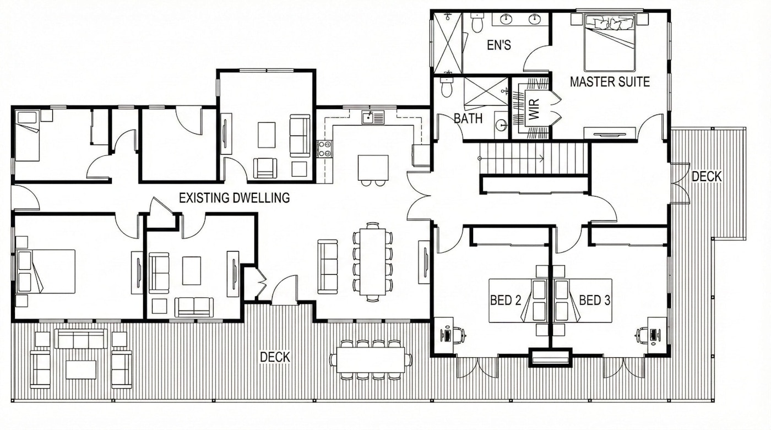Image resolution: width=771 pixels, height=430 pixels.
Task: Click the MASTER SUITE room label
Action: pyautogui.click(x=610, y=82)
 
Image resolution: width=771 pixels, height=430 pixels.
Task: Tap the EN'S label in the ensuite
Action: pyautogui.click(x=498, y=45)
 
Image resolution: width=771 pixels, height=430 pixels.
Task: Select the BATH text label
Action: pyautogui.click(x=468, y=118)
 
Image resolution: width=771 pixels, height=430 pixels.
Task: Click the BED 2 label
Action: pyautogui.click(x=506, y=300)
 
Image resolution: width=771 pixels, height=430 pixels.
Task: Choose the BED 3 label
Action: pyautogui.click(x=594, y=300)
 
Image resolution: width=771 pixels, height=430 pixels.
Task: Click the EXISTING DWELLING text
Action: pyautogui.click(x=234, y=198)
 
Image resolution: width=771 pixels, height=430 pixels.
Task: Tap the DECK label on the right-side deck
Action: pyautogui.click(x=706, y=177)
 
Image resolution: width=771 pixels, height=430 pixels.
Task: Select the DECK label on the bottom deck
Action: pyautogui.click(x=275, y=357)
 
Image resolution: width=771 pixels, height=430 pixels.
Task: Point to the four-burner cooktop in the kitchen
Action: pyautogui.click(x=324, y=149)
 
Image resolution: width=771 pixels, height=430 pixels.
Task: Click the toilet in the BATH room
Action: pyautogui.click(x=447, y=88)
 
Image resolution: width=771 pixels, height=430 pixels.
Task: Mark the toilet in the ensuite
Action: pyautogui.click(x=476, y=23)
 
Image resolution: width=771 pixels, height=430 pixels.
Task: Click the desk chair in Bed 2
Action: pyautogui.click(x=458, y=334)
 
